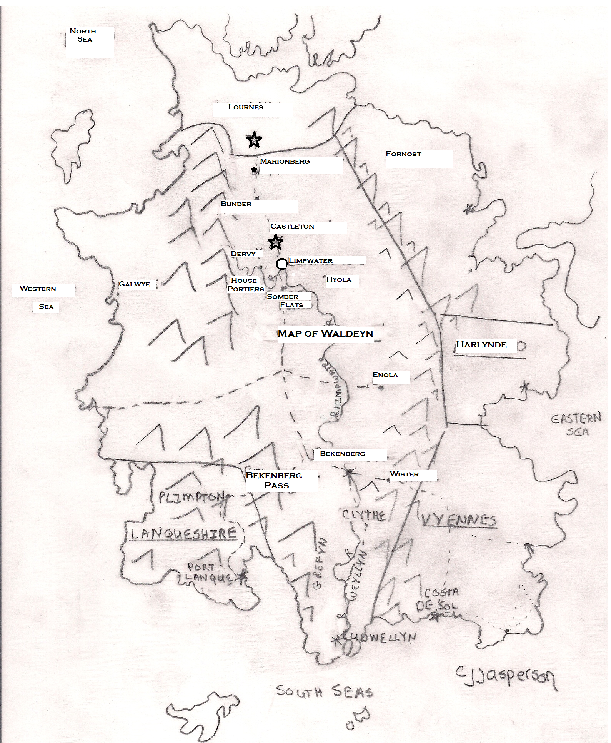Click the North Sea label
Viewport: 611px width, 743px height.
(x=83, y=35)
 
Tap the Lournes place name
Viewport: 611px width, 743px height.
(x=246, y=107)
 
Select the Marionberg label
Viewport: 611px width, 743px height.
(x=285, y=161)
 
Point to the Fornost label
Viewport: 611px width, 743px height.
(x=403, y=154)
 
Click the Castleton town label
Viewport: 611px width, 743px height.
(x=292, y=226)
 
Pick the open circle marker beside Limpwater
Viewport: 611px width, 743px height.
(x=282, y=264)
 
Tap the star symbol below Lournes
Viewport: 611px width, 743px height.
(x=253, y=140)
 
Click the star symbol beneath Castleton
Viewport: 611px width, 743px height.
(x=276, y=242)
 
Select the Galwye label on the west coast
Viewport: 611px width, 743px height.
(x=134, y=284)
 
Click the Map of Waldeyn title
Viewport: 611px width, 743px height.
(x=325, y=333)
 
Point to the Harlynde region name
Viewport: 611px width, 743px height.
(x=481, y=345)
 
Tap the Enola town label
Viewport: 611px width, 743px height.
(x=385, y=375)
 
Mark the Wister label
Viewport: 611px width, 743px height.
(x=404, y=474)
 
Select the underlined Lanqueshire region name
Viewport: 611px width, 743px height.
(x=183, y=534)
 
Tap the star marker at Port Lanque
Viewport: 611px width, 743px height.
(x=242, y=576)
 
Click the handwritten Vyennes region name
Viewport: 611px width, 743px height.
(x=459, y=520)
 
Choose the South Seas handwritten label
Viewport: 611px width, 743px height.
(x=325, y=691)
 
